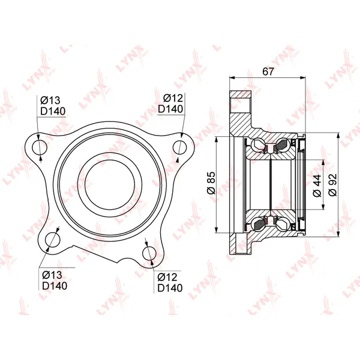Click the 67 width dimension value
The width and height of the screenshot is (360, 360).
click(268, 71)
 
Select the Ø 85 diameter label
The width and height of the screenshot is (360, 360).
click(211, 183)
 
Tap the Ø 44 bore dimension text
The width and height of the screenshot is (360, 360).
click(317, 186)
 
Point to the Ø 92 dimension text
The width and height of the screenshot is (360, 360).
click(332, 185)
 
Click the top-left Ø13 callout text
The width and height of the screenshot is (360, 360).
click(50, 101)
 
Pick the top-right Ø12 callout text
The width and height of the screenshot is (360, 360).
click(173, 98)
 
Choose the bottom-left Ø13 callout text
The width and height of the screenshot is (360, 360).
click(52, 275)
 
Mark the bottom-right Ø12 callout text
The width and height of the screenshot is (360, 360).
click(167, 277)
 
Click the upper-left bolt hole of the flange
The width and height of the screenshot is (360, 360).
click(40, 147)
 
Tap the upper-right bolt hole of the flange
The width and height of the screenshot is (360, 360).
click(180, 147)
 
